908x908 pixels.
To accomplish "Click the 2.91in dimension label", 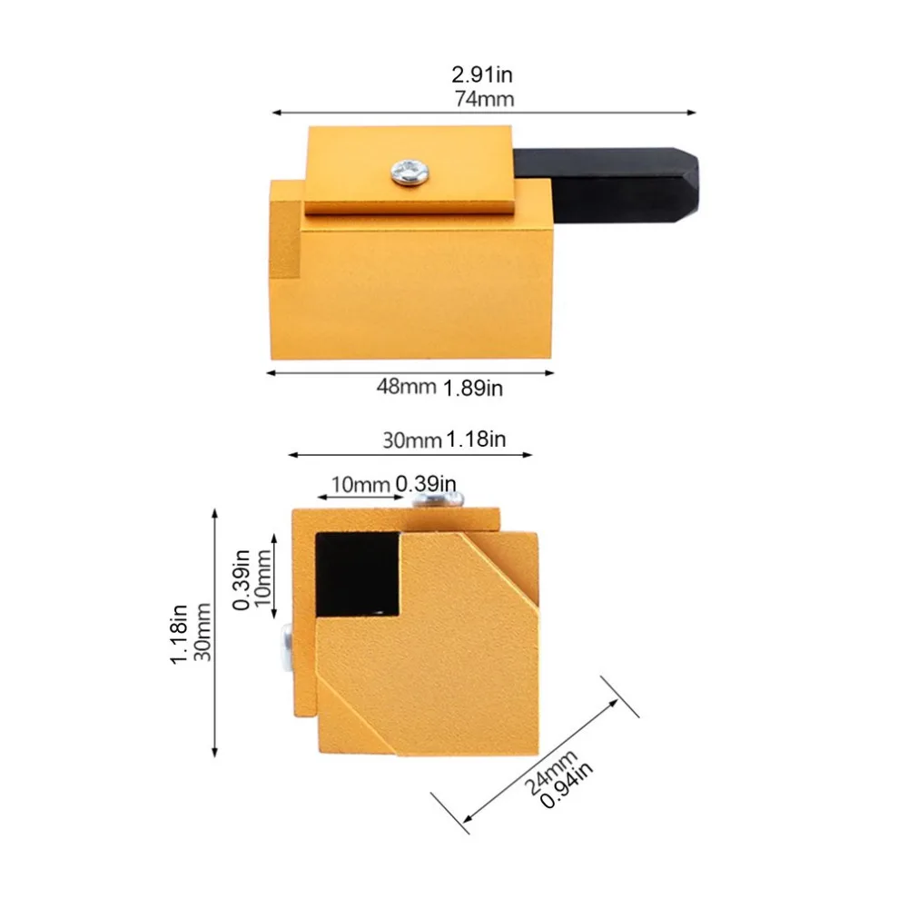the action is point(482,74).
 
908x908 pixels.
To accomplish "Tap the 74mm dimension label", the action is point(484,99).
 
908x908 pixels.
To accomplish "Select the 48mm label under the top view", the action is point(406,386).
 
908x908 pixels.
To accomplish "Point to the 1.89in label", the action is point(472,388).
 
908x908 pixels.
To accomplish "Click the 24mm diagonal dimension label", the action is point(551,772).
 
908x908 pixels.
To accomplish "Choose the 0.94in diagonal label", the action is point(567,785).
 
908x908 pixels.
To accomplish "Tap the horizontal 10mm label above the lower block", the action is point(360,484).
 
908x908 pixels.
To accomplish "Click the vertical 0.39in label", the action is point(241,579).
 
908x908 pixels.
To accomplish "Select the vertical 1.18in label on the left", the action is point(178,634).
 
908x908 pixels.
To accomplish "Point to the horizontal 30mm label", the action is point(411,440).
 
